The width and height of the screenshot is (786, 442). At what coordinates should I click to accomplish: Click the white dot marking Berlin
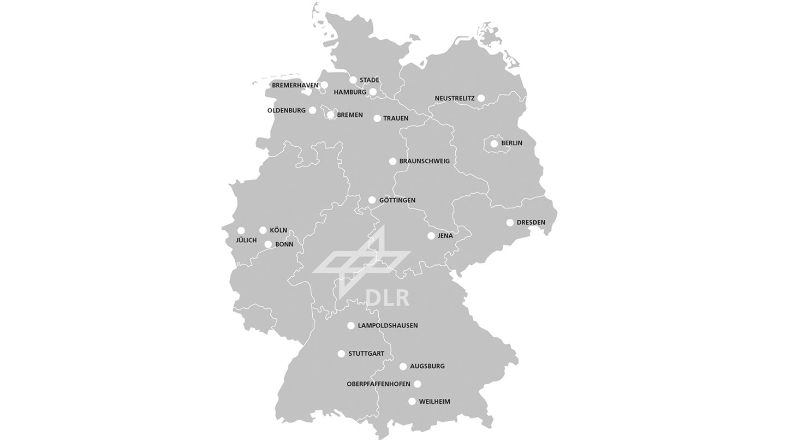coord(494,144)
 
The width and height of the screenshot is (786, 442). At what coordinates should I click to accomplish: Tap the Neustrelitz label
coord(454,98)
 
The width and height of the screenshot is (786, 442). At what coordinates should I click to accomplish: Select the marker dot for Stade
coord(353,80)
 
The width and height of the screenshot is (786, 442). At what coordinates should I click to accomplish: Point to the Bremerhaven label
coord(295,85)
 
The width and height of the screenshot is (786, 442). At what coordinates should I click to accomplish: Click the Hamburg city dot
coord(373,92)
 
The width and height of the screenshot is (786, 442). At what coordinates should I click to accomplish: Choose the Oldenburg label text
coord(286,110)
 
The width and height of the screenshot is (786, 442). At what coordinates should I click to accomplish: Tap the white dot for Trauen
coord(377,118)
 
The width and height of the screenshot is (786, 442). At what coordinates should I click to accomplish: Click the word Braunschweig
coord(424,161)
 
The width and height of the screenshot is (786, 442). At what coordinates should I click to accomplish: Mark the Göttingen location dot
coord(372,200)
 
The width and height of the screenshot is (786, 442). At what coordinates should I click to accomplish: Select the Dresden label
coord(531,223)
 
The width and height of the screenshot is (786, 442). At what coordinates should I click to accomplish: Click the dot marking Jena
coord(431,236)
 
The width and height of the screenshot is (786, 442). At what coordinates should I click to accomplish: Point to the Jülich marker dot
coord(241,230)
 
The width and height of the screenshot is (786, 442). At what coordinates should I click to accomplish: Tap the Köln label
coord(278,230)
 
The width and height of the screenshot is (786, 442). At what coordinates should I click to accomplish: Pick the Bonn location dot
coord(268,244)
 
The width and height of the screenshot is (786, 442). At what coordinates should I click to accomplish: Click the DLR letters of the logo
coord(387,298)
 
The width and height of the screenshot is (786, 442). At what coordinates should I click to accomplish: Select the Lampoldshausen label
coord(388,326)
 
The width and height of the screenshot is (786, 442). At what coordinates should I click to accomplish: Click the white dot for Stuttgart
coord(341,354)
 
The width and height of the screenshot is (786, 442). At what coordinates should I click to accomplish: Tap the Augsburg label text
coord(427,366)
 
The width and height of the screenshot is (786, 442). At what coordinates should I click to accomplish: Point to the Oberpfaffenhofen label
coord(378,384)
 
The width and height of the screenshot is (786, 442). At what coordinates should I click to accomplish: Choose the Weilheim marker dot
coord(412,402)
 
